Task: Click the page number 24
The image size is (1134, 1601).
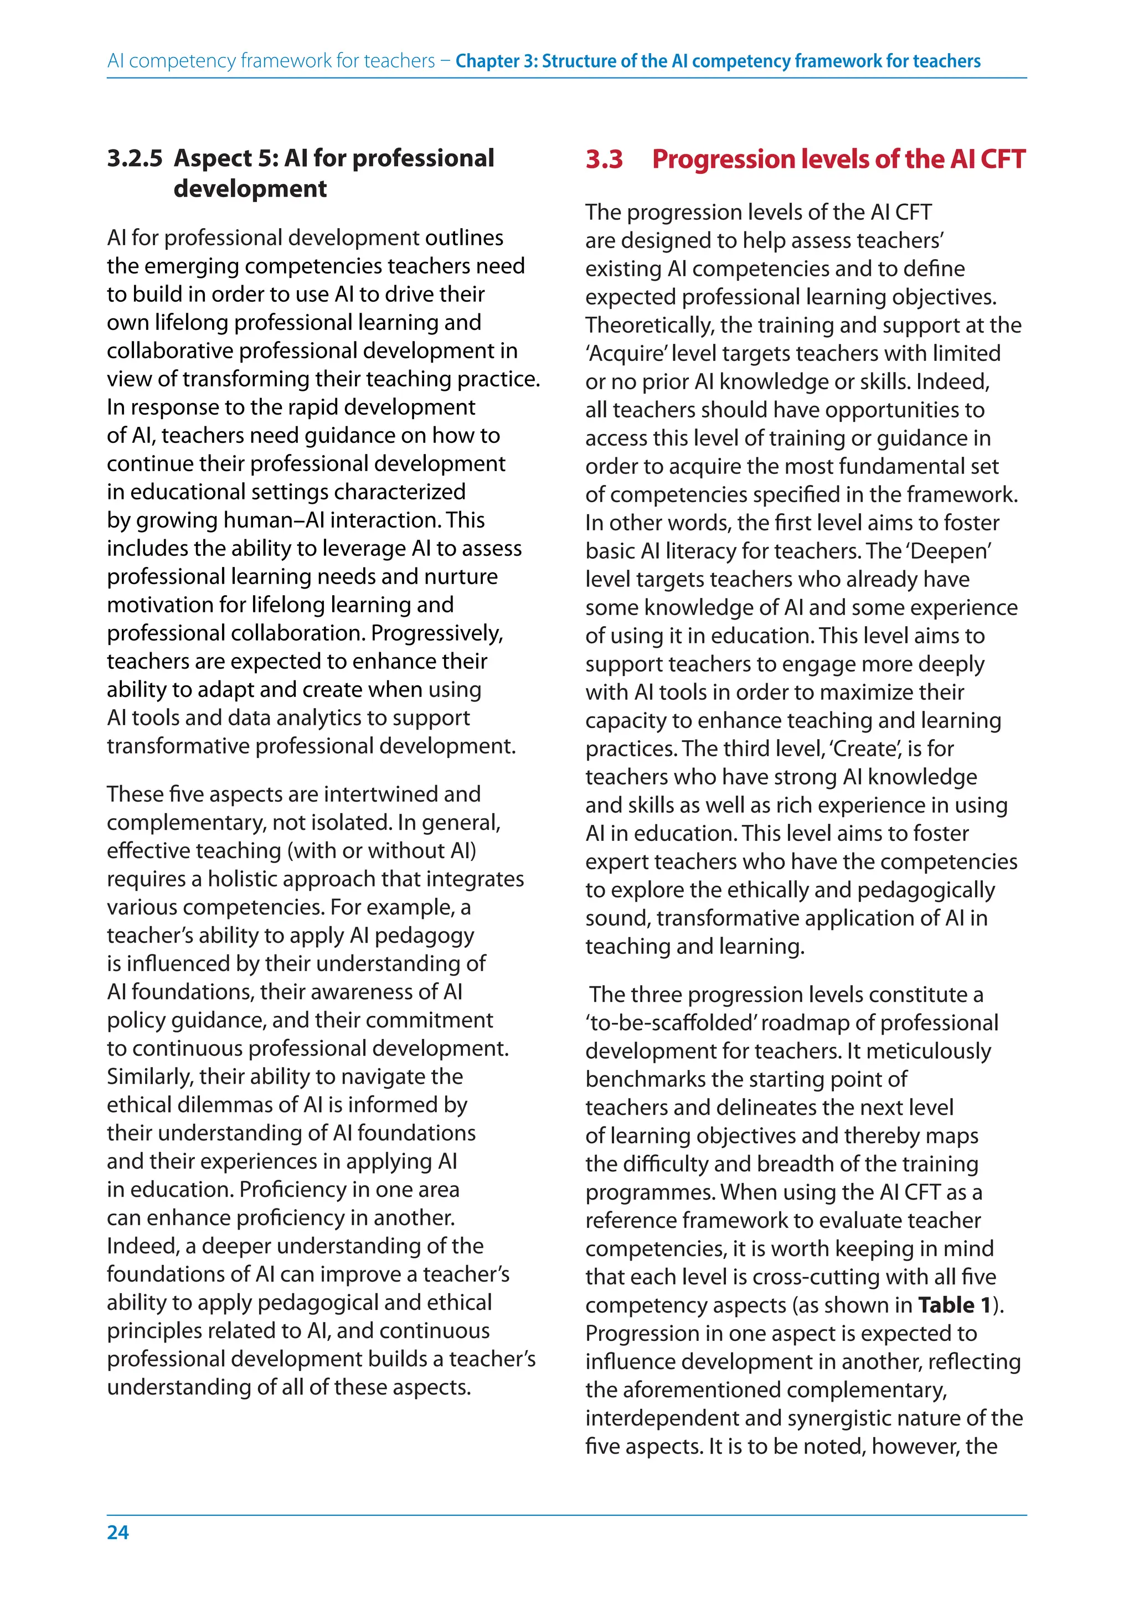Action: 117,1532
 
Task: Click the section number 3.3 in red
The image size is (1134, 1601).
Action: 604,159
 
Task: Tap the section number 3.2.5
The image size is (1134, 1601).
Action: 135,158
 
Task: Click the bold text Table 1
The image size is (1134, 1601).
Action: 955,1304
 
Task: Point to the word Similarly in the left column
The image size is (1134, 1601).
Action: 150,1077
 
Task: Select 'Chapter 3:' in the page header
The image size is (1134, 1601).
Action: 497,61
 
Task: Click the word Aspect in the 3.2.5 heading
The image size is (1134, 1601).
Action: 213,158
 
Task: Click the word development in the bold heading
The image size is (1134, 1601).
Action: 250,189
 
